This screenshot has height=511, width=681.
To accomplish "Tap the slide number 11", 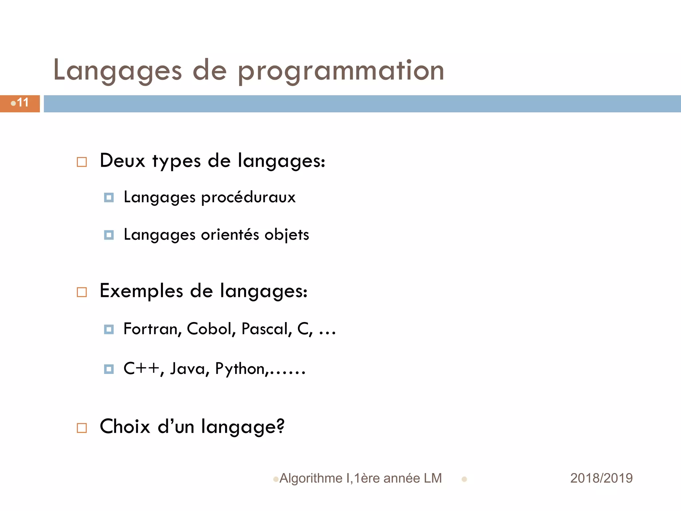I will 23,103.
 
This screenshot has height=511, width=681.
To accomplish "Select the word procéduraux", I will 248,197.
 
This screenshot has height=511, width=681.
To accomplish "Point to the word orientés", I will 230,235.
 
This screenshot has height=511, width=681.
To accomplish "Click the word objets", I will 287,235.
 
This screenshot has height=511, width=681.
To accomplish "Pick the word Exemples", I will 141,291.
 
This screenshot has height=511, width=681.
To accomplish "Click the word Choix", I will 125,426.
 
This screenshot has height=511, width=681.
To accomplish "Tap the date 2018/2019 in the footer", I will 601,478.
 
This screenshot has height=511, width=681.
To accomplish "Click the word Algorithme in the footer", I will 311,478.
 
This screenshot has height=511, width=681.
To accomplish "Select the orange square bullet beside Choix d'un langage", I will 82,428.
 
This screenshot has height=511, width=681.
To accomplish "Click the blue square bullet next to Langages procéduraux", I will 109,198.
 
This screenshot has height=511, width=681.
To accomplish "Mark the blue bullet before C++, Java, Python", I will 109,369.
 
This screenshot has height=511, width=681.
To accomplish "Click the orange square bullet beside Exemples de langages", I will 82,292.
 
